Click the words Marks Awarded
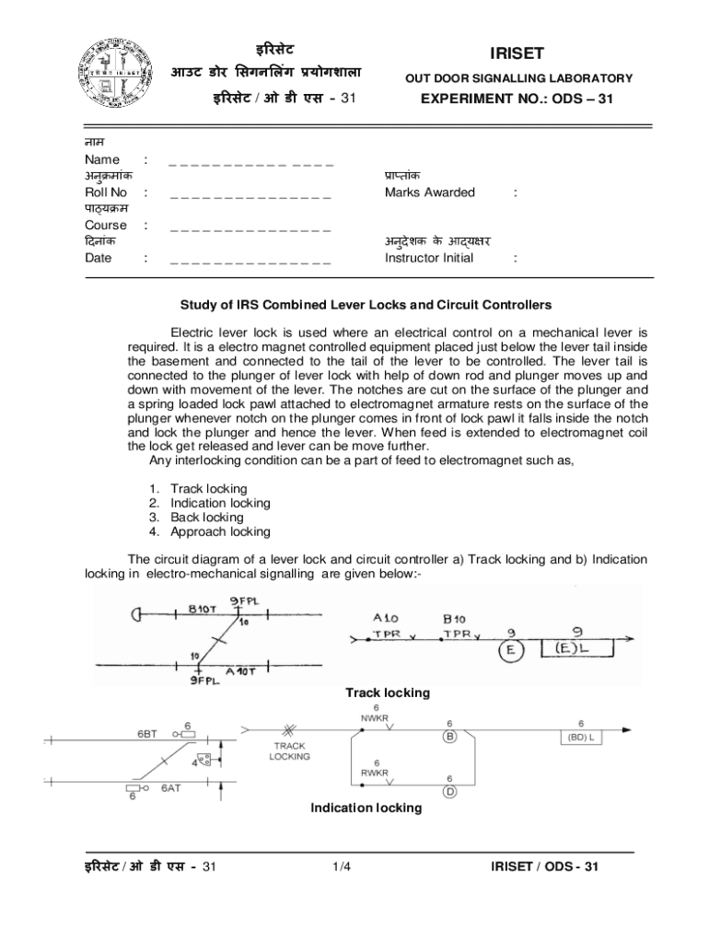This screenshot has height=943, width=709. coord(430,192)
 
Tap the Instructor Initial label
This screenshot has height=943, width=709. coord(429,258)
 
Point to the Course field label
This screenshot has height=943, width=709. coord(106,225)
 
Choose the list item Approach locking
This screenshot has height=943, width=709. coord(220,531)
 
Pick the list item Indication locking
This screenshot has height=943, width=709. coord(220,503)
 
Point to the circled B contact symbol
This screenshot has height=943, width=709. coord(450,738)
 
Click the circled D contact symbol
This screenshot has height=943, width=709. coord(449,791)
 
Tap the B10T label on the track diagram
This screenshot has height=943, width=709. coord(202,609)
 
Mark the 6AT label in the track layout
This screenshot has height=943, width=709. coord(171,789)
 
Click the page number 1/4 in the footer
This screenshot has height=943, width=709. coord(343,867)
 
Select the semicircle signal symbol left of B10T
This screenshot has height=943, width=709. coord(138,615)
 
